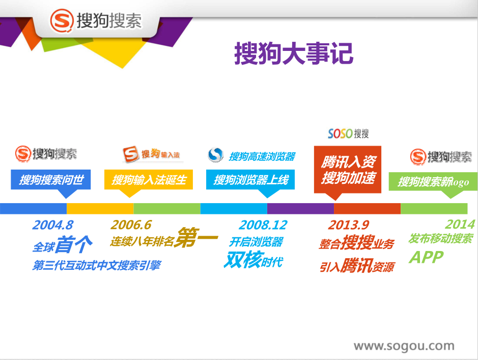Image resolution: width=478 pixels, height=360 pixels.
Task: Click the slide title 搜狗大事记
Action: (294, 53)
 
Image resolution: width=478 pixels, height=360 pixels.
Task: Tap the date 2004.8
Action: (53, 225)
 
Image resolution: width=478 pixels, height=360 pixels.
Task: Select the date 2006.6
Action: (131, 225)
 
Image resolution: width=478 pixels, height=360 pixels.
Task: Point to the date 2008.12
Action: (263, 225)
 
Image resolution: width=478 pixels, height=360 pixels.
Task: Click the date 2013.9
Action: (348, 225)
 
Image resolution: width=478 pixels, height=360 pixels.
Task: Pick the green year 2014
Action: (460, 225)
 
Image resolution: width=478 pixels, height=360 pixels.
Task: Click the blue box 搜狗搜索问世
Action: (51, 180)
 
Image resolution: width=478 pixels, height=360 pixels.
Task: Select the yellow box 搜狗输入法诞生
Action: (149, 180)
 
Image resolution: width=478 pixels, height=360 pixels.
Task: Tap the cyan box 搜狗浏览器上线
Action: (250, 180)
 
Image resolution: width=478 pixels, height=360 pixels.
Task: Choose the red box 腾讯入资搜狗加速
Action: (348, 170)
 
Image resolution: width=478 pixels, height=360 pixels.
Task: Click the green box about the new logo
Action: (433, 182)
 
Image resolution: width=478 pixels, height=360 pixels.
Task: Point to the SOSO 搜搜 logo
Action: (348, 133)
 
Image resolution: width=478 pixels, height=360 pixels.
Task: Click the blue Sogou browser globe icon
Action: (215, 155)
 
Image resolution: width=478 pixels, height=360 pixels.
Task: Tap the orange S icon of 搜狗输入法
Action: (131, 154)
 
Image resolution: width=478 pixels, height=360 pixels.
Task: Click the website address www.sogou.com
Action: (404, 346)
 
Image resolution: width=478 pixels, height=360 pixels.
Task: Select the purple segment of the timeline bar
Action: (300, 208)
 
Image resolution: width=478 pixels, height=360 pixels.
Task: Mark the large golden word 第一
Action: (196, 237)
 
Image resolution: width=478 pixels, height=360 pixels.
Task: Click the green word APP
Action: (426, 257)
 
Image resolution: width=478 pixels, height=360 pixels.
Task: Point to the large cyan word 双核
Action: (243, 260)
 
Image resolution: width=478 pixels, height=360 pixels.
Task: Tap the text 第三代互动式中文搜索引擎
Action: (97, 265)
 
